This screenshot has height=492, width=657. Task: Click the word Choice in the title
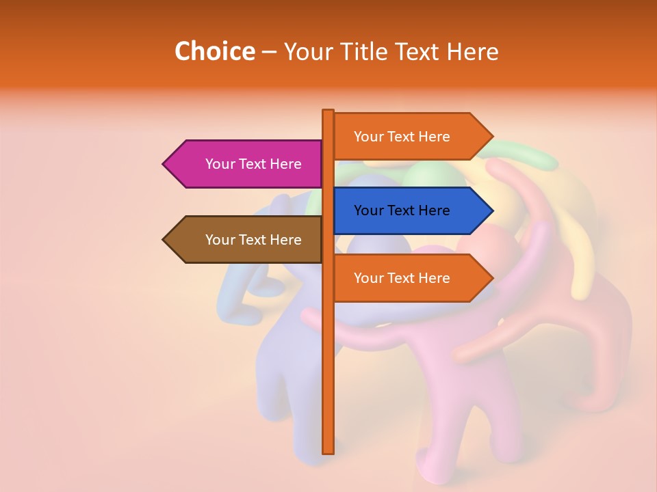214,51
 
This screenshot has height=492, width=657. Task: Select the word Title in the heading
360,51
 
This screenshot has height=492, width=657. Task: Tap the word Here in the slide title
472,51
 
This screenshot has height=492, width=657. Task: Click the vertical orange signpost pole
328,383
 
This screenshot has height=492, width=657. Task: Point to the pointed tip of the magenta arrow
165,164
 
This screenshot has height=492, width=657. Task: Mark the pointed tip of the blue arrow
491,210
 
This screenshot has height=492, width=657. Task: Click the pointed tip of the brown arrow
165,240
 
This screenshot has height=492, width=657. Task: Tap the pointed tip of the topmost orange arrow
491,137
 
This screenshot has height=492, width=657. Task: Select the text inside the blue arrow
402,210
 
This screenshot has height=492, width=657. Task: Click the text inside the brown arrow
253,240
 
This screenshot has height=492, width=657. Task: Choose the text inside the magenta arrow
253,164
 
